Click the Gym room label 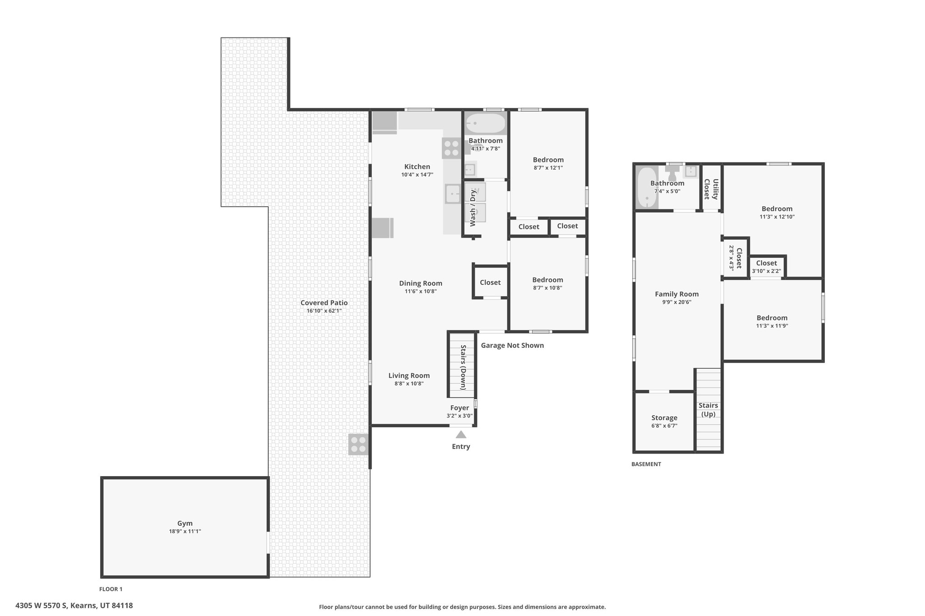(185, 523)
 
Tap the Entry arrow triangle (461, 435)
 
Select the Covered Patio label (324, 303)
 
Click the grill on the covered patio (359, 444)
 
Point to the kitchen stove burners (451, 148)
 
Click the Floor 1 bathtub (486, 123)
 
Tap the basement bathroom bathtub (647, 188)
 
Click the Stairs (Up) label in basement (708, 410)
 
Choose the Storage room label (664, 418)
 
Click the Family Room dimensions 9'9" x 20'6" (677, 302)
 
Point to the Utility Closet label (711, 189)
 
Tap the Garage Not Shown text (512, 345)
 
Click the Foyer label (459, 408)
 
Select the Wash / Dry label (473, 208)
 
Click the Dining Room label (420, 283)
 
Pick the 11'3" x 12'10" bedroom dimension (777, 217)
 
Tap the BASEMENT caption (646, 464)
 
